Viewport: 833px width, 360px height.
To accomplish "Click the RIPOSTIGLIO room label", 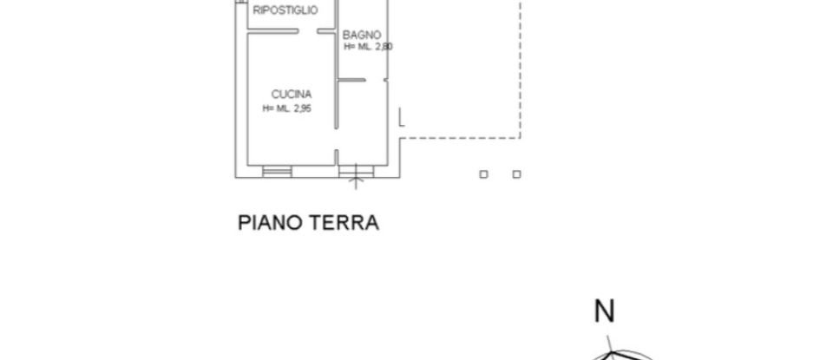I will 285,11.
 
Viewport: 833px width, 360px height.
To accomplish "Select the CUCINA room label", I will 291,95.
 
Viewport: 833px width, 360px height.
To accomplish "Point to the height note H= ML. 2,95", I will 286,108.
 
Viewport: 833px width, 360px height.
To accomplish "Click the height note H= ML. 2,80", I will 368,47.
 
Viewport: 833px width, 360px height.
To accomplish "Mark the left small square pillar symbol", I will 484,174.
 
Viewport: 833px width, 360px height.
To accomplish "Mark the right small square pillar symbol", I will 516,174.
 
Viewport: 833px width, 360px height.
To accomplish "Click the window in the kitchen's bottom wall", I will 277,172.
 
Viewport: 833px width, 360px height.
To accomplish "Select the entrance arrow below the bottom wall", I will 356,182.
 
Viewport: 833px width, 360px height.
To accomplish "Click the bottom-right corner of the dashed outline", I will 520,137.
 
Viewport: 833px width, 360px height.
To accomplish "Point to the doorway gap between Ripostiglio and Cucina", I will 308,32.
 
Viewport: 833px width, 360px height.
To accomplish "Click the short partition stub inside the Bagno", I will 351,80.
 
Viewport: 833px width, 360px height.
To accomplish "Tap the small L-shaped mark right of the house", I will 400,119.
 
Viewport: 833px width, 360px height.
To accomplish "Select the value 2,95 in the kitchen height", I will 299,108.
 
